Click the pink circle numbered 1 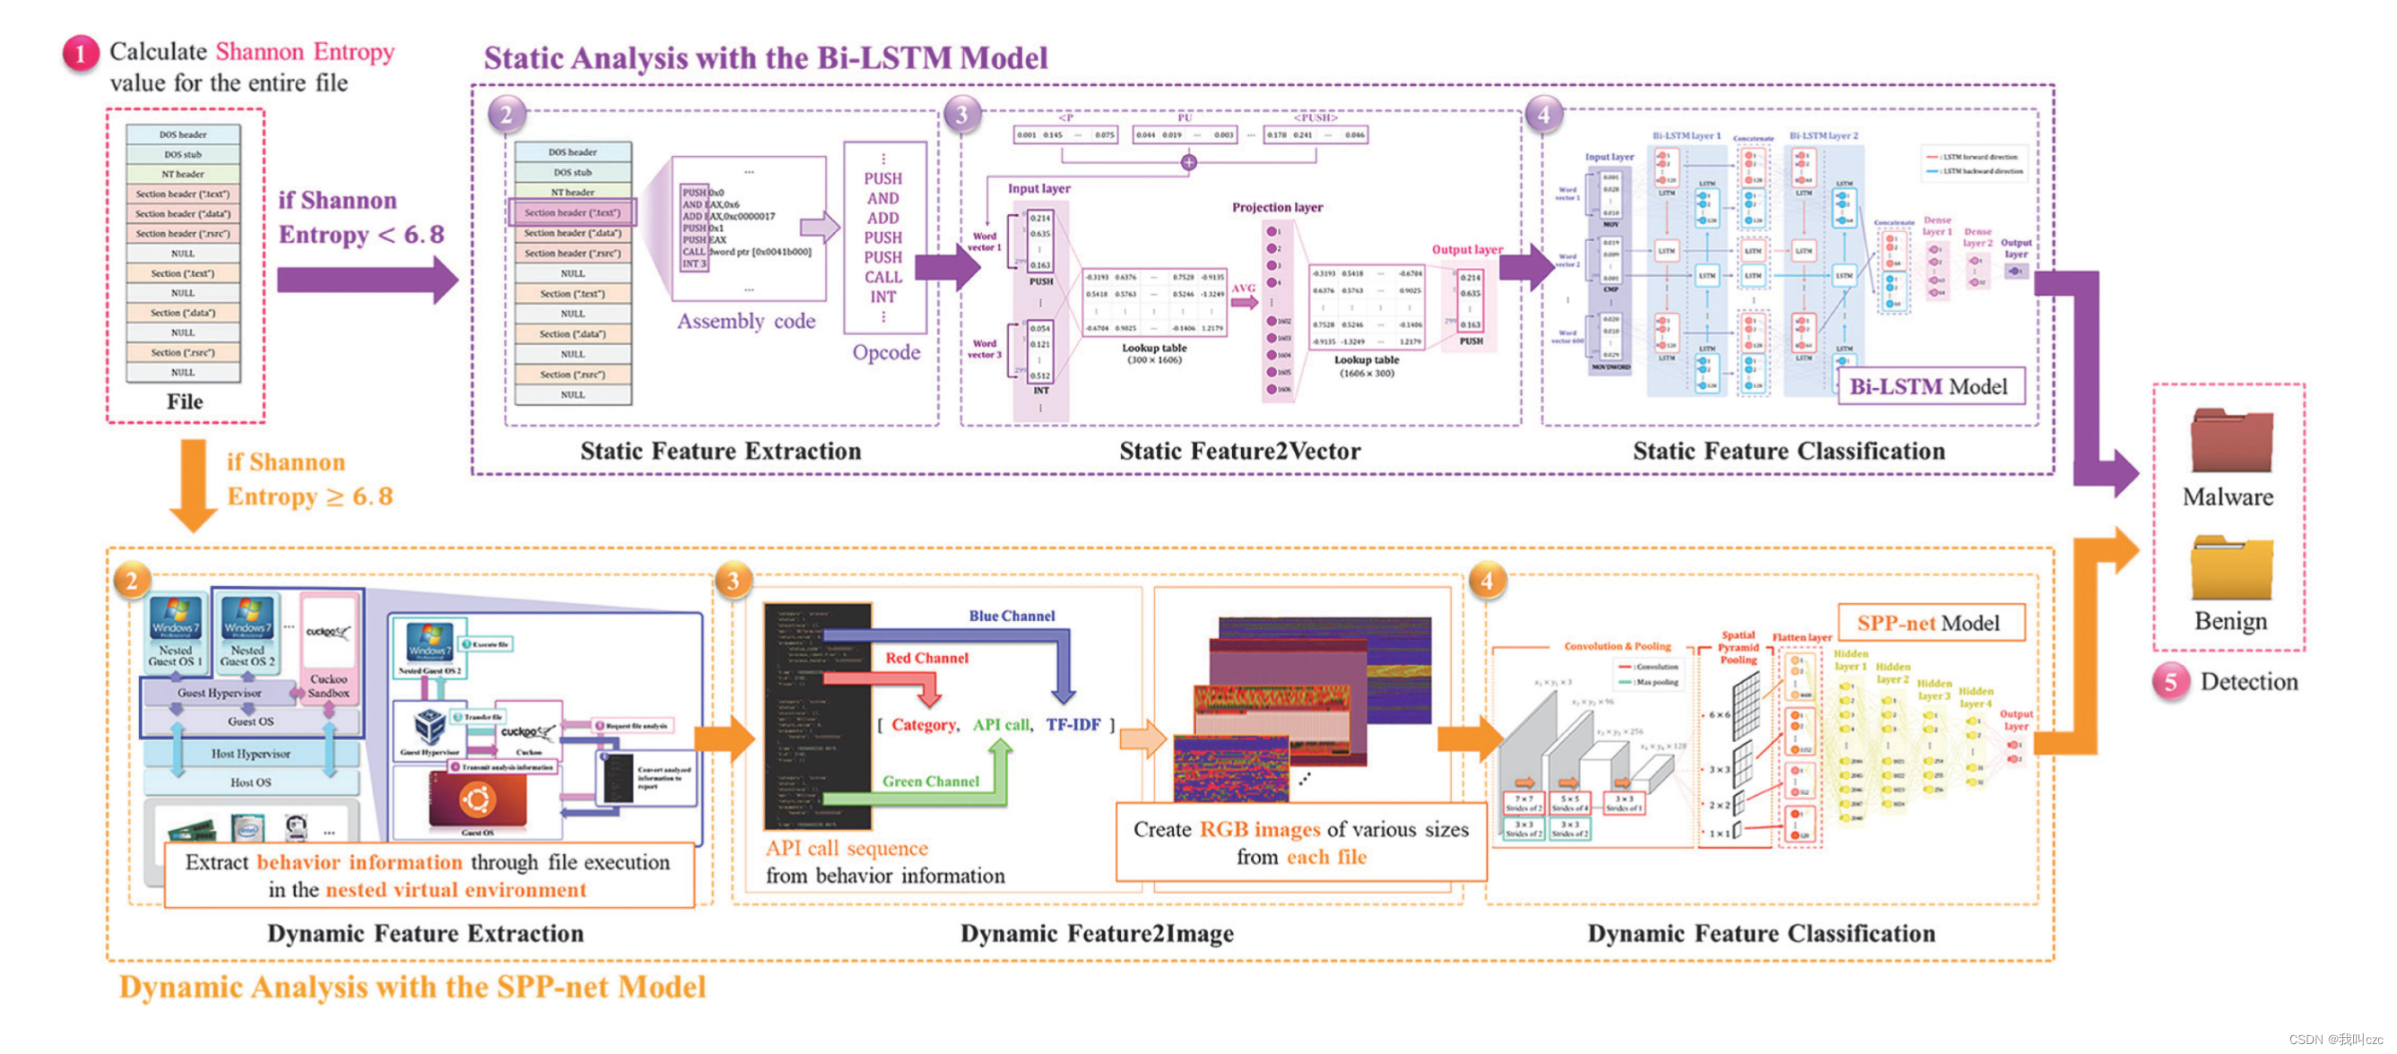coord(80,54)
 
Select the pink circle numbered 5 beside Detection coord(2170,682)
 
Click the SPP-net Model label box coord(1930,622)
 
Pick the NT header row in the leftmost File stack coord(183,174)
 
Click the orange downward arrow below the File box coord(193,485)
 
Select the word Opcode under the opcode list coord(886,352)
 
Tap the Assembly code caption coord(746,321)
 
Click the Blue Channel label coord(1012,616)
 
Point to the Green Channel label coord(931,782)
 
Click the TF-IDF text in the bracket coord(1073,725)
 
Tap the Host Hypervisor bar coord(250,754)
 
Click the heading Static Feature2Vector coord(1239,451)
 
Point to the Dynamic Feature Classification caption coord(1760,933)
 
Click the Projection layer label coord(1277,207)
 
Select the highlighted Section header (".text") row coord(572,212)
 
